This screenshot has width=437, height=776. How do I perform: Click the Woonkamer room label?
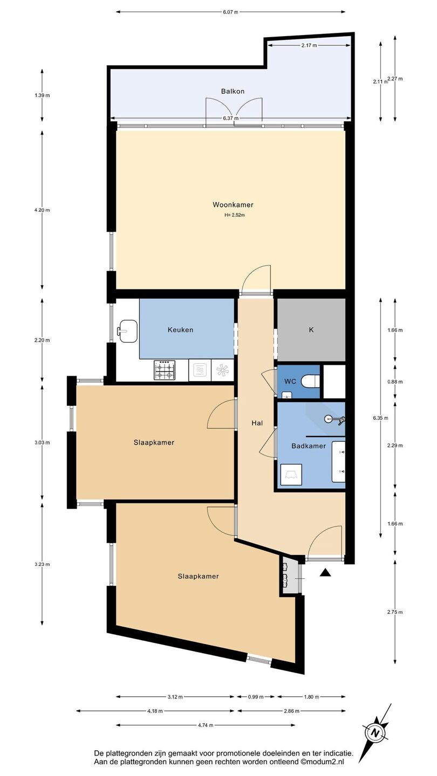point(233,205)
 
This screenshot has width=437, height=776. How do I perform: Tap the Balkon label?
point(233,92)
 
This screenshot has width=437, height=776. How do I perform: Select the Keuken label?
point(180,330)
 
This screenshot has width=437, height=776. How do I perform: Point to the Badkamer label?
point(309,446)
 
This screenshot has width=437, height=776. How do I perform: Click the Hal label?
point(257,423)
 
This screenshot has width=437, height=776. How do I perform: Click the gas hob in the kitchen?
point(165,370)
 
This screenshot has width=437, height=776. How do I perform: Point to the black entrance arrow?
point(325,573)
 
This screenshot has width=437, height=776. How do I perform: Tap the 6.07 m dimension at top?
point(231,12)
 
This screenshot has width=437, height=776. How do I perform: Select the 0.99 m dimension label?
point(256,697)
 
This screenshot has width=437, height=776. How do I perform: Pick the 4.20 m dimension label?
point(42,210)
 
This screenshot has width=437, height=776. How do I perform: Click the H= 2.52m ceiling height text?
point(235,215)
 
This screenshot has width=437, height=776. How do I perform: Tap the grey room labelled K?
point(311,329)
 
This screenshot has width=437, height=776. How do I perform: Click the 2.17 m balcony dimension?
point(309,45)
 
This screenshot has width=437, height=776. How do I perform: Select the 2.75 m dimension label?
point(395,612)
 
